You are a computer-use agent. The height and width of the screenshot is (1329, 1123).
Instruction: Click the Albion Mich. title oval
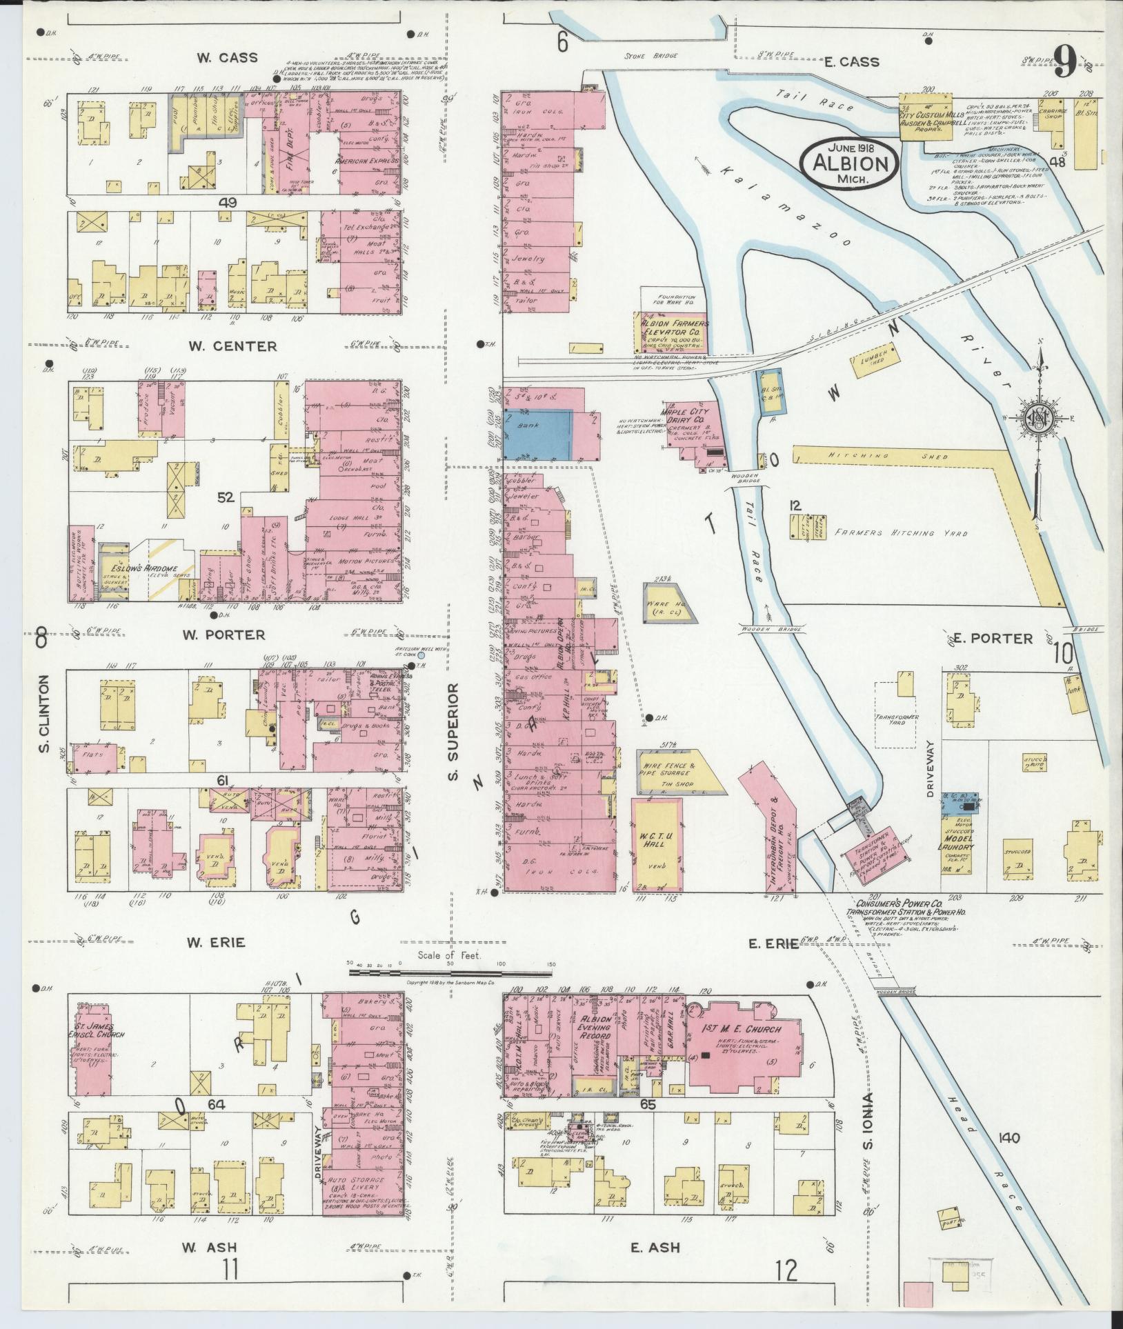(x=849, y=163)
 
